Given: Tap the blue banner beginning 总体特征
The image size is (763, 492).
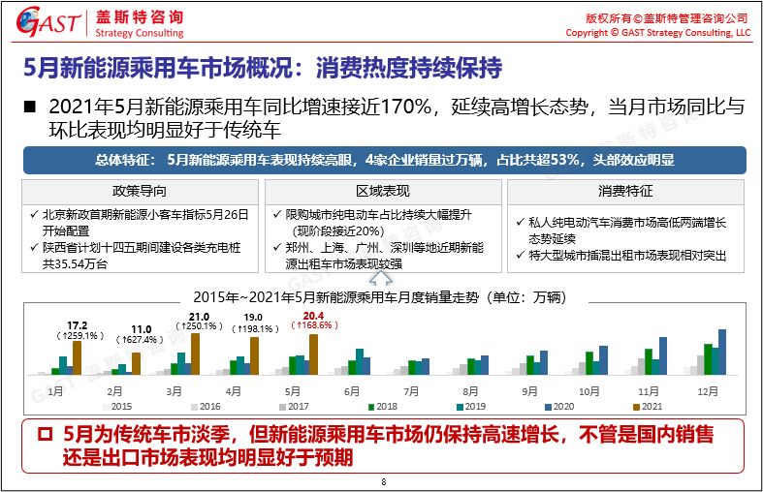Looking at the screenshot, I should [384, 160].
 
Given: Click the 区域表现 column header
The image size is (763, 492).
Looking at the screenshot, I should [383, 191].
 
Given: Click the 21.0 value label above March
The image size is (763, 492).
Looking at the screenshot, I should [200, 317].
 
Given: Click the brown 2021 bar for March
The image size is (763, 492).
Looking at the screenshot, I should [196, 354].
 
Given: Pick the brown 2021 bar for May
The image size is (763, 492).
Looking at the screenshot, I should [313, 354].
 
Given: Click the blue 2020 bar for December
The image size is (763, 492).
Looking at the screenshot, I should [722, 352].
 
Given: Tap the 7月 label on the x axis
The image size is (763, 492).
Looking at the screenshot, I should [412, 391].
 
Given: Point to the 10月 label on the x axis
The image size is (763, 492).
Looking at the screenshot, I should [590, 391].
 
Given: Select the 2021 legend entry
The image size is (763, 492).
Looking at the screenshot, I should [651, 407].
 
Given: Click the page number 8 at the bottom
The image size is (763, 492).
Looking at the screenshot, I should [383, 481].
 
